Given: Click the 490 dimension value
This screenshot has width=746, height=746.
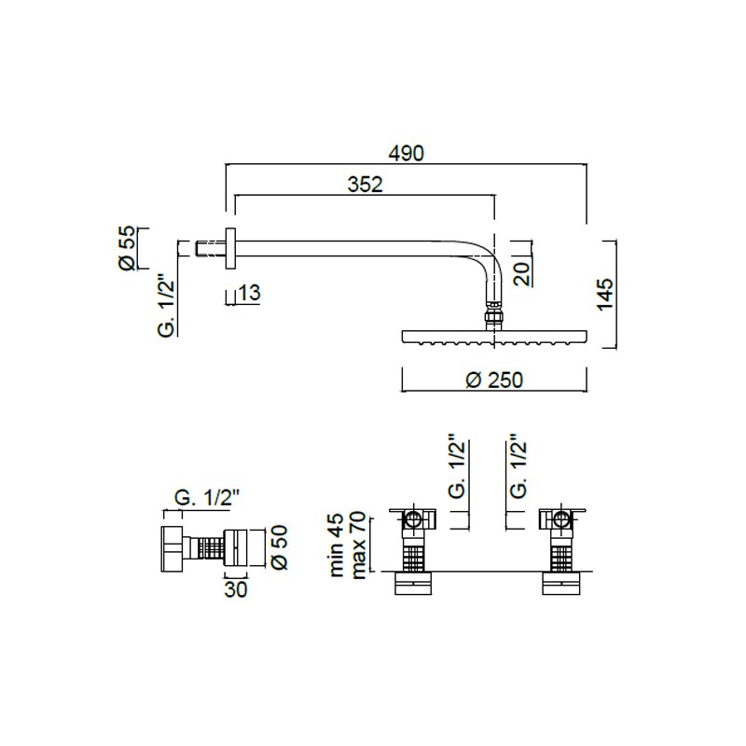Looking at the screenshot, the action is click(406, 153).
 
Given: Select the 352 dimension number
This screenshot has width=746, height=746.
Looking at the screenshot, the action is click(365, 185).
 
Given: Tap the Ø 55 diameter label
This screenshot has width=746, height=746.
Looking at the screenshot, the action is click(128, 248).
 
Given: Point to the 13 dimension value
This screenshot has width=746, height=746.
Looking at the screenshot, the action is click(249, 293).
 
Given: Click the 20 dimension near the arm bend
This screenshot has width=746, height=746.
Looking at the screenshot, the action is click(522, 273).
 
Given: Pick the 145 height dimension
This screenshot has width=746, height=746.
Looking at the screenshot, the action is click(605, 295).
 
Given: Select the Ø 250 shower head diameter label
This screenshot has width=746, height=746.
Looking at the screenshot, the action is click(494, 380).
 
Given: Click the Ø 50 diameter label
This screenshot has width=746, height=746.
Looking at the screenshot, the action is click(279, 547).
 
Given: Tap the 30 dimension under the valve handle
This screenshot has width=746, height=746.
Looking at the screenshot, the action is click(236, 589).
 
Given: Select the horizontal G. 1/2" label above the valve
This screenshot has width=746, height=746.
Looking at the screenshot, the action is click(206, 498).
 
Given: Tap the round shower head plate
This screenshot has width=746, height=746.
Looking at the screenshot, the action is click(495, 338).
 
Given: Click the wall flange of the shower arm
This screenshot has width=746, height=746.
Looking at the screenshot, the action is click(230, 249).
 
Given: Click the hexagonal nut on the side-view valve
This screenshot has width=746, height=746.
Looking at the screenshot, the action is click(172, 548).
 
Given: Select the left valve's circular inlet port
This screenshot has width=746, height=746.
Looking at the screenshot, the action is click(413, 518).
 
